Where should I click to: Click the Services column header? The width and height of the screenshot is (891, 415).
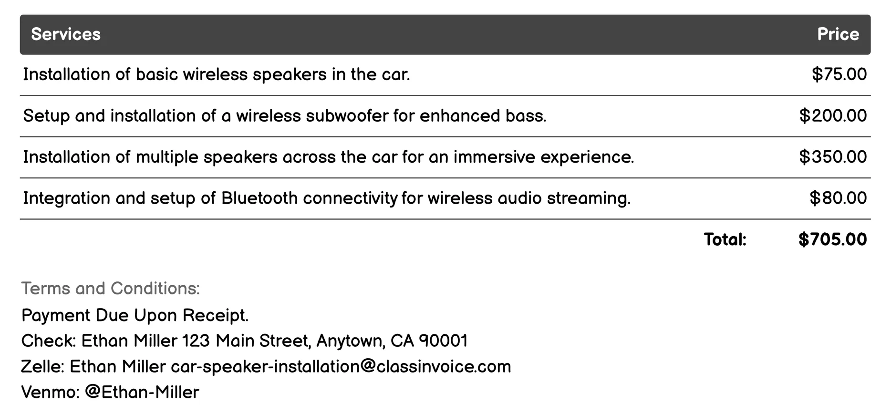(66, 34)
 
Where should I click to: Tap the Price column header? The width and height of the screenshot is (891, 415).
(838, 34)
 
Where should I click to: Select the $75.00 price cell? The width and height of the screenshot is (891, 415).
(839, 74)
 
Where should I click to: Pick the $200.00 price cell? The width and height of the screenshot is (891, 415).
(833, 116)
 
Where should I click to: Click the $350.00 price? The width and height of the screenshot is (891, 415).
(833, 157)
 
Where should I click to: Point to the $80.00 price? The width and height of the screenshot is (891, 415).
(838, 198)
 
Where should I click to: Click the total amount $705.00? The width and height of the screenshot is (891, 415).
(832, 239)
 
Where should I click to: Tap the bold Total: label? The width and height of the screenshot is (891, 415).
(725, 239)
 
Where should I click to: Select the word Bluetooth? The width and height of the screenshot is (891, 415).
(259, 198)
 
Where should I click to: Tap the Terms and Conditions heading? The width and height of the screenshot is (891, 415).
(110, 289)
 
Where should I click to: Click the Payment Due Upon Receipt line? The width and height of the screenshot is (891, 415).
(135, 315)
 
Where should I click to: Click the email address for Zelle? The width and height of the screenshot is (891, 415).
(341, 367)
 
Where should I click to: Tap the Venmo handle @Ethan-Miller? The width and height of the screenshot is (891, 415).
(142, 393)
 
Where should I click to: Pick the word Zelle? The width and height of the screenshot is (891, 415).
(42, 367)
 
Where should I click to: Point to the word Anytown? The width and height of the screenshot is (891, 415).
(350, 341)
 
